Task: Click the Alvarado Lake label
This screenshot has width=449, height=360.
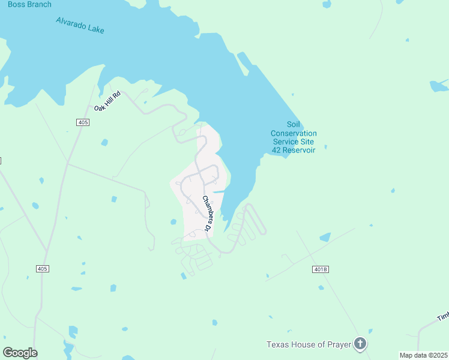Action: tap(80, 25)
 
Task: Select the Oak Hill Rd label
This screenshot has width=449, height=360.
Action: tap(107, 101)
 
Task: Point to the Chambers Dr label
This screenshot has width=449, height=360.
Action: tap(207, 214)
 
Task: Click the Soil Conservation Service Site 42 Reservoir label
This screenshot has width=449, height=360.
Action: tap(294, 137)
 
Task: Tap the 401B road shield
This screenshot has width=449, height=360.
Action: tap(321, 269)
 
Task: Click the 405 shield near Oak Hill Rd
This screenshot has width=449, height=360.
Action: tap(83, 122)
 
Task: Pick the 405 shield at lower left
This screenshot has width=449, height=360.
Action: tap(41, 269)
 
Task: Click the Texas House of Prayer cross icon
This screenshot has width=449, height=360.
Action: tap(360, 344)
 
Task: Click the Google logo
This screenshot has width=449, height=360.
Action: tap(20, 353)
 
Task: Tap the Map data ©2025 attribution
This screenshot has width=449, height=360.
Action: tap(424, 355)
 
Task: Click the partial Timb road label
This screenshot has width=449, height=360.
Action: tap(443, 316)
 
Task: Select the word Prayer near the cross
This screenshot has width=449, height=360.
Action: tap(339, 344)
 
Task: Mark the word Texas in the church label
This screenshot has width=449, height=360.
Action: tap(277, 344)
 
